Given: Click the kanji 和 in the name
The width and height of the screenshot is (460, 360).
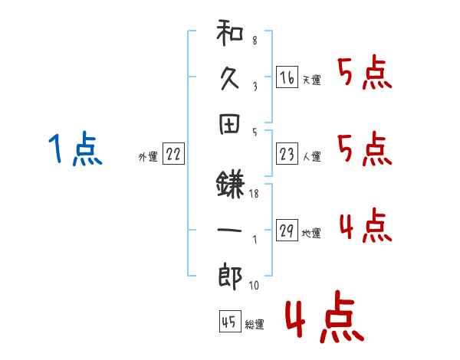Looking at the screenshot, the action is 230,33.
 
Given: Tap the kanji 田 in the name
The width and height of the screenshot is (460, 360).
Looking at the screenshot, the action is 229,124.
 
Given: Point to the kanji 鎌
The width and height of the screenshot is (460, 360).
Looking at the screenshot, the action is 230,185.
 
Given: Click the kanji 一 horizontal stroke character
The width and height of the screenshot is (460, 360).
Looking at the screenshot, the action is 229,230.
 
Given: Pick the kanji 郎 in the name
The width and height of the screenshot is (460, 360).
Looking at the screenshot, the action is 230,277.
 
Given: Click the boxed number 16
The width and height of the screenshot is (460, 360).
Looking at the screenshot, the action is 287,77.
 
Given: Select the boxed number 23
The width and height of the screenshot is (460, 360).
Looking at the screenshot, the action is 287,154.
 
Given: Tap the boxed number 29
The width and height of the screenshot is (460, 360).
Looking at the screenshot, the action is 287,230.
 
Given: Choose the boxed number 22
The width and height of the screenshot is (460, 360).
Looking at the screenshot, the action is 173,154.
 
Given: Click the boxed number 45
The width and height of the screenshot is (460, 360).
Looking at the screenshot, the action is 230,321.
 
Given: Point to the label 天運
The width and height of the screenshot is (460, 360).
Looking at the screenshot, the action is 312,80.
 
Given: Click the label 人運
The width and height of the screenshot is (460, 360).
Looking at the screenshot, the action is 312,156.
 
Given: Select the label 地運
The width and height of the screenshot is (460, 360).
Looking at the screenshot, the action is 311,233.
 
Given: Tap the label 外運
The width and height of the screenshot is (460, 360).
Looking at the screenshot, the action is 148,157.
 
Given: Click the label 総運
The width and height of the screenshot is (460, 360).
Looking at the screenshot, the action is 255,324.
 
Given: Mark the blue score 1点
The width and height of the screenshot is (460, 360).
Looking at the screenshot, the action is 75,149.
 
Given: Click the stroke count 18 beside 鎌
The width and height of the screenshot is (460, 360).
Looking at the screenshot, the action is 254,194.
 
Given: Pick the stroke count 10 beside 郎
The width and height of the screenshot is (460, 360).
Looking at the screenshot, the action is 254,285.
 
